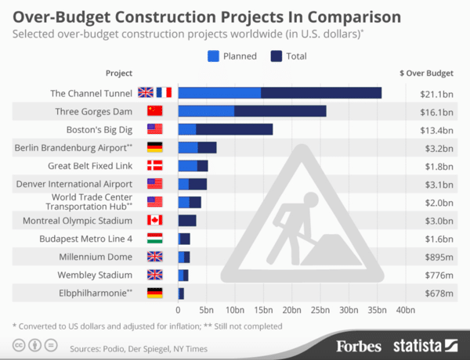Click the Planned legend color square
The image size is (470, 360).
coord(213,56)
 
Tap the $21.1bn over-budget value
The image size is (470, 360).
coord(436,92)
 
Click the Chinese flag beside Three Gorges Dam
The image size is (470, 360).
coord(154,111)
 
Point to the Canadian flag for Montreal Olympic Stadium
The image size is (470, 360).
coord(154,220)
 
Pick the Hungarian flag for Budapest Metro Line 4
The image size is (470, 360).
coord(154,238)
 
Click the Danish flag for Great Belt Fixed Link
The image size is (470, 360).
coord(154,165)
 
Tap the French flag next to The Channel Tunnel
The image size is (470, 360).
coord(164,92)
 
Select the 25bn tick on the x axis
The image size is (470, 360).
coord(320,310)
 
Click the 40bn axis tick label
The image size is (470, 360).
coord(405,310)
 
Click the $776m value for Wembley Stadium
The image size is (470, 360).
coord(437,275)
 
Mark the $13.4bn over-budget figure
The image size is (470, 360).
coord(436,129)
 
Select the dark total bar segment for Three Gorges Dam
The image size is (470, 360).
coord(280,111)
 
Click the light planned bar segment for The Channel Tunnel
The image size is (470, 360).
coord(219,92)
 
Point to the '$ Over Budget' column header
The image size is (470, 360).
coord(427,73)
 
